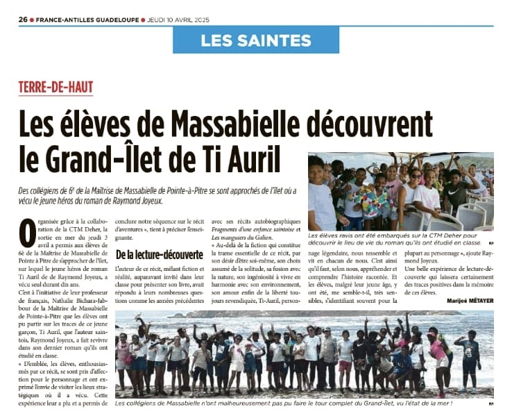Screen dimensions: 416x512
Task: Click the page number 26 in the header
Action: pos(22,19)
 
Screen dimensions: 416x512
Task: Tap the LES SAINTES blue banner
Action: pos(256,40)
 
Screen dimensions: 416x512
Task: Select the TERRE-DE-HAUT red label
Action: pos(56,88)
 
